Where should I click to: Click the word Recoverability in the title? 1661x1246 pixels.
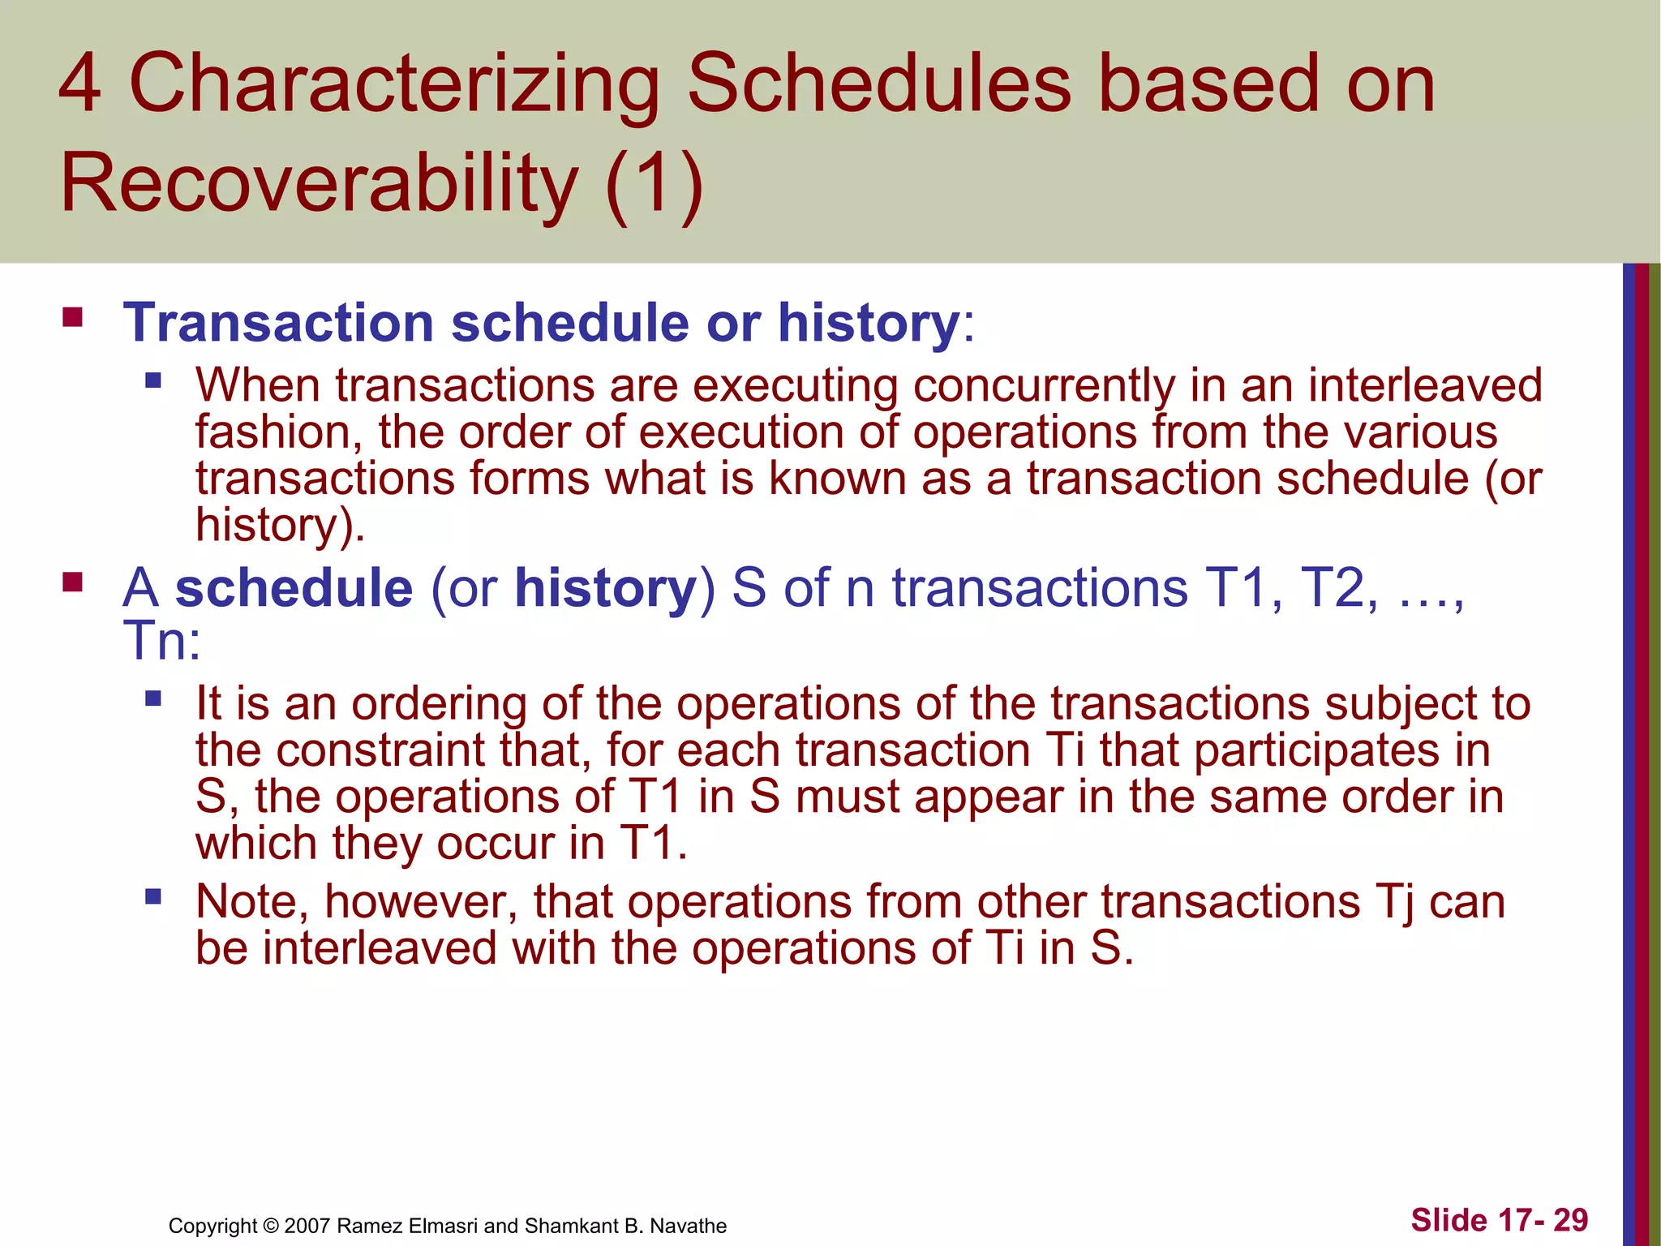[x=319, y=183]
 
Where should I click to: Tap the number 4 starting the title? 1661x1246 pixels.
[x=80, y=84]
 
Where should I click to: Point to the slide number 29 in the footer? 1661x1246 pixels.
[x=1570, y=1220]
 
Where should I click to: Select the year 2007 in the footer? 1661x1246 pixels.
[x=307, y=1226]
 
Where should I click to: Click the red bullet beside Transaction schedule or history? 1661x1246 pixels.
[x=72, y=316]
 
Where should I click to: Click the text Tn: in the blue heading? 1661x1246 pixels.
[x=161, y=641]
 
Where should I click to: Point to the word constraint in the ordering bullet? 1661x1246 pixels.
[x=380, y=750]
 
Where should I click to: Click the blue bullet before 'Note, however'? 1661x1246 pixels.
[x=153, y=897]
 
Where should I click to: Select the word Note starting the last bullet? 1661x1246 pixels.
[x=251, y=902]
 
